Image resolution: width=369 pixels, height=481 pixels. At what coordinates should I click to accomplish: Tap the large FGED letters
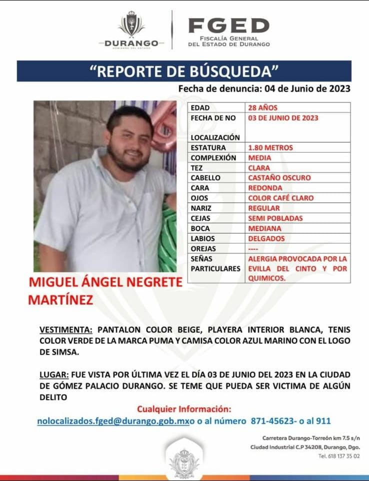click(x=228, y=25)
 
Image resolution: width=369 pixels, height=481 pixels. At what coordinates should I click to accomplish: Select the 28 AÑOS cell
click(x=262, y=107)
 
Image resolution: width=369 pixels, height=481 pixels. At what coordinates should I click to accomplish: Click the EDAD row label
click(x=200, y=107)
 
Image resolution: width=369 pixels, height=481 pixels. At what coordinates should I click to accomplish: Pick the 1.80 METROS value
click(x=270, y=148)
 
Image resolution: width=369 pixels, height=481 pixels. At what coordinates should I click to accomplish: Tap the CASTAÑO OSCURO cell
click(x=279, y=178)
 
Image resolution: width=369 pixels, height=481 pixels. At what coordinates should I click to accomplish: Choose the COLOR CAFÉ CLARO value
click(x=280, y=198)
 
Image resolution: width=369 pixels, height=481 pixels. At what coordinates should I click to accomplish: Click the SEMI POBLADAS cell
click(x=275, y=218)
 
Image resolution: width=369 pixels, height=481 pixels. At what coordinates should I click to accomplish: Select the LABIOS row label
click(x=202, y=238)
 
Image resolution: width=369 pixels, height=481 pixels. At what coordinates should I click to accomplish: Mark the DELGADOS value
click(x=266, y=238)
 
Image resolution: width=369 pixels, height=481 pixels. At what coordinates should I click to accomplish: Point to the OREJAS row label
click(x=203, y=248)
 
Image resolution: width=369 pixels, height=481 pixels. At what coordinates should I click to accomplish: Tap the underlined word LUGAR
click(x=54, y=374)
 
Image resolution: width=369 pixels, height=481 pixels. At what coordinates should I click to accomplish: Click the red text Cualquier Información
click(x=184, y=409)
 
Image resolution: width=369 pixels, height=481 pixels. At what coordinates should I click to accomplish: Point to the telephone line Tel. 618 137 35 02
click(x=338, y=456)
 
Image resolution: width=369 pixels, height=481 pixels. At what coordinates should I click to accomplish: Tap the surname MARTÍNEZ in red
click(x=60, y=299)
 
